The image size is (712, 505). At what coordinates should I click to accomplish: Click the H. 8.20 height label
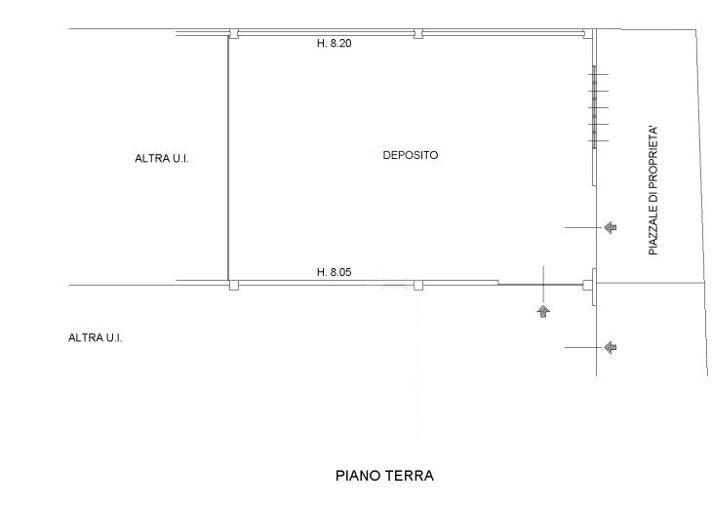tap(334, 44)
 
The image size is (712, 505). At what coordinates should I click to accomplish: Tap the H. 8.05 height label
tap(334, 272)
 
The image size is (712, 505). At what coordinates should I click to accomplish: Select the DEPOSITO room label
tap(411, 155)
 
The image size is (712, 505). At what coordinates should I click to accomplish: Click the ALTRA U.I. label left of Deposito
tap(162, 158)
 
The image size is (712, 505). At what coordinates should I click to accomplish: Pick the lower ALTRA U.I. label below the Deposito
tap(95, 338)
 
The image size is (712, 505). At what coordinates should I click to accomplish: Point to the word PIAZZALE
tap(653, 229)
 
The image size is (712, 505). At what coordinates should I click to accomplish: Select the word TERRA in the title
tap(410, 476)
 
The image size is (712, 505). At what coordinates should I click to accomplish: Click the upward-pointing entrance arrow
tap(543, 311)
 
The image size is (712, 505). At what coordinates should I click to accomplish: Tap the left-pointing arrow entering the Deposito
tap(611, 227)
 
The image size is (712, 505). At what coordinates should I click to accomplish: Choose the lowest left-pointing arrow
tap(611, 348)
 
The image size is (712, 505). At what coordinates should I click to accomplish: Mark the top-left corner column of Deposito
tap(233, 33)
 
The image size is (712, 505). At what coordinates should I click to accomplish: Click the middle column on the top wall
tap(418, 33)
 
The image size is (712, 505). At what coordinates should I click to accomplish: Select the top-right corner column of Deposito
tap(588, 33)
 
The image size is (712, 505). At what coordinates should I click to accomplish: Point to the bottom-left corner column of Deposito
tap(233, 285)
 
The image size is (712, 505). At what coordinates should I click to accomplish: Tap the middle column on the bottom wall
tap(418, 285)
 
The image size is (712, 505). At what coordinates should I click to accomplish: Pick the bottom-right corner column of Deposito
tap(588, 285)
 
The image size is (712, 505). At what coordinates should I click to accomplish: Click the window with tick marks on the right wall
tap(594, 107)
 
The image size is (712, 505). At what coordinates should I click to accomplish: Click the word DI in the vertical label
tap(653, 197)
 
